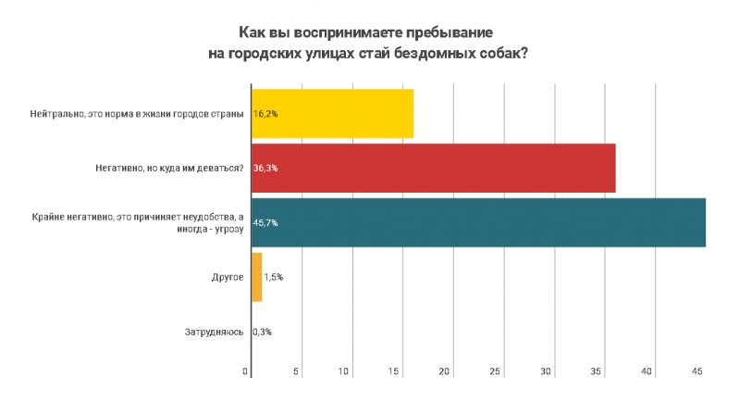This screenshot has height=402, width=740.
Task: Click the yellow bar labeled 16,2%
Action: tap(333, 113)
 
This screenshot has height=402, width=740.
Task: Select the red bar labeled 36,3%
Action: tap(435, 168)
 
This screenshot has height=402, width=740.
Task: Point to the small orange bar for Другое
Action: tap(256, 277)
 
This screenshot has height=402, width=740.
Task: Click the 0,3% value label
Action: tap(263, 332)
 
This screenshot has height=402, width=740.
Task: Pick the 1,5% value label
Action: tap(274, 277)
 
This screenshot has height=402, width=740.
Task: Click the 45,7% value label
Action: tap(266, 222)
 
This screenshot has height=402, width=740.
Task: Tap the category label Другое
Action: tap(227, 277)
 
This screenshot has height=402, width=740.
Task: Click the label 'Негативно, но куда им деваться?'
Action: tap(168, 168)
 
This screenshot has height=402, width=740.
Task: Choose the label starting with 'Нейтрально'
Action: tap(137, 113)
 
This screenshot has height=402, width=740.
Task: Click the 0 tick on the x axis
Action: tap(246, 371)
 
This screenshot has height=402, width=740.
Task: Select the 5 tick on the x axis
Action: tap(297, 371)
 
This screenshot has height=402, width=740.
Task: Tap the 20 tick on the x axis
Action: tap(444, 371)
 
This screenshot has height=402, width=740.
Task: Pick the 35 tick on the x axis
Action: tap(597, 371)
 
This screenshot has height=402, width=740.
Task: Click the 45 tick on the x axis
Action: tap(697, 371)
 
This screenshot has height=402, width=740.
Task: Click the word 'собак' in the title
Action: tap(503, 54)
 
